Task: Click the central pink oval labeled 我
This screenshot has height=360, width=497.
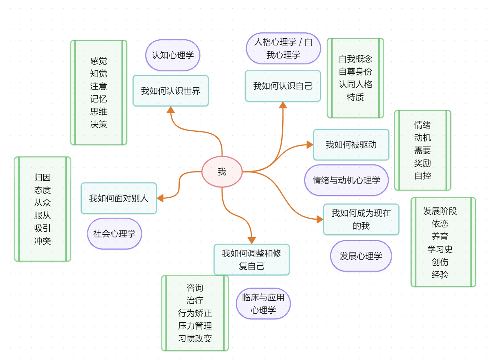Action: (x=222, y=171)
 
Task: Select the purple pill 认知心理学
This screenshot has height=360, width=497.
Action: (x=173, y=55)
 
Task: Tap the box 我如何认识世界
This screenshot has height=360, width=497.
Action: (x=171, y=91)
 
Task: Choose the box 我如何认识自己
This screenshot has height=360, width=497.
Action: (x=283, y=86)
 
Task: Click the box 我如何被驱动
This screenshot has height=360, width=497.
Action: (x=351, y=145)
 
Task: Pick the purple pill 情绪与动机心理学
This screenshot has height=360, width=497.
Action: (x=346, y=180)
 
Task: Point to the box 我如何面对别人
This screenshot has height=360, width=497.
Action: (x=119, y=198)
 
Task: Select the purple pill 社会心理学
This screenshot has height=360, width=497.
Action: (x=114, y=234)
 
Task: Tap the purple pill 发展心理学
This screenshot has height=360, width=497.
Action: (x=361, y=256)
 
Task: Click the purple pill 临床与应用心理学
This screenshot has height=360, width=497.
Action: (x=263, y=304)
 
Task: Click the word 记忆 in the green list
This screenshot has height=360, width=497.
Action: (x=98, y=99)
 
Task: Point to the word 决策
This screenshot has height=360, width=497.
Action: (x=98, y=124)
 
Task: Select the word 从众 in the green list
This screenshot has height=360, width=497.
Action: (x=42, y=203)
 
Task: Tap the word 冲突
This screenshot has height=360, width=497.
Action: (x=42, y=241)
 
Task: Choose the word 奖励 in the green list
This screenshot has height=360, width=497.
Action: (x=422, y=163)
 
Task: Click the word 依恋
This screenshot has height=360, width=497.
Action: (x=440, y=224)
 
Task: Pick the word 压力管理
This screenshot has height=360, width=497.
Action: (x=195, y=326)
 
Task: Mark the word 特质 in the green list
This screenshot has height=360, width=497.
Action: (x=355, y=97)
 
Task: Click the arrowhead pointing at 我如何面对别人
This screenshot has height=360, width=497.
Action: (x=160, y=198)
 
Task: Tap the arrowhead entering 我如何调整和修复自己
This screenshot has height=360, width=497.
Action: (x=252, y=241)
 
